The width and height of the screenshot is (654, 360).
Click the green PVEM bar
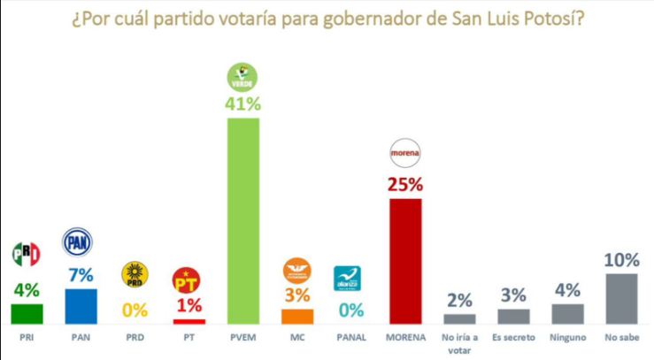pos(243,221)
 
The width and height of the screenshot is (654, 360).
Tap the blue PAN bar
pos(81,306)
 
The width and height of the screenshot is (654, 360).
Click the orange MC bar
pos(297,316)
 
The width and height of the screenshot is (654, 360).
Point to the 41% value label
pos(243,104)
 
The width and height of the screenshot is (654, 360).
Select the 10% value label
pos(622,260)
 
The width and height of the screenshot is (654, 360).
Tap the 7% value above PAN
pos(81,275)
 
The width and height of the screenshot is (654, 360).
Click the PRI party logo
pos(27,255)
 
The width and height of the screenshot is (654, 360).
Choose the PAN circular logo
pos(78,241)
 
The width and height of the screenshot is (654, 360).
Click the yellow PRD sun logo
pos(135,274)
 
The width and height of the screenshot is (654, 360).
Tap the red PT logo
pos(188,281)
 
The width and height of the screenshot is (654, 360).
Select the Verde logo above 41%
pos(242,75)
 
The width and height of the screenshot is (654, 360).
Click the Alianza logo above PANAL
pos(347,279)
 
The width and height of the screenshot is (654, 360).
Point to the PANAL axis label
pos(351,337)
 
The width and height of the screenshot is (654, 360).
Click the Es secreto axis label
pos(513,337)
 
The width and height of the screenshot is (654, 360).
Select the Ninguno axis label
pos(567,337)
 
